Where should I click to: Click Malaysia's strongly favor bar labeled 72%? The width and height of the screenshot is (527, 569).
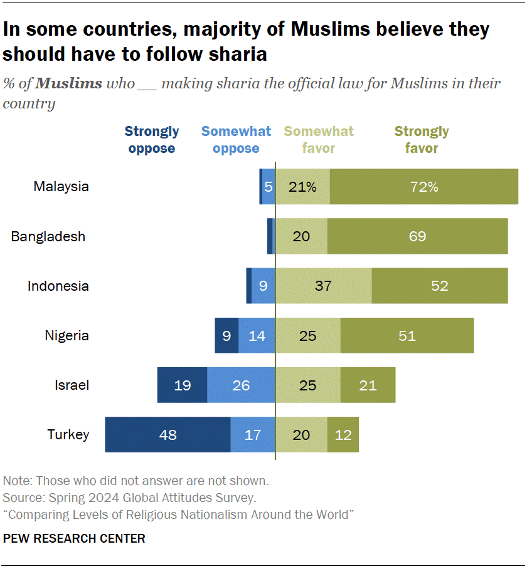point(424,187)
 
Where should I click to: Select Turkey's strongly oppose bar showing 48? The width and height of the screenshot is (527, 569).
point(168,434)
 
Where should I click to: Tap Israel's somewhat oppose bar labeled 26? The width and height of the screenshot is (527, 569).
point(241,385)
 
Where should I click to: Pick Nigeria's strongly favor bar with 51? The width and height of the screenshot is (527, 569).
point(407,336)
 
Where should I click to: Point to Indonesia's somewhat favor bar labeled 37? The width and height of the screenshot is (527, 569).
point(323,286)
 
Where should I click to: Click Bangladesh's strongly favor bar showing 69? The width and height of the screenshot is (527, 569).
point(417,236)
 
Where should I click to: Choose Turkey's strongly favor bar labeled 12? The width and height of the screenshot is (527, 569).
point(343,434)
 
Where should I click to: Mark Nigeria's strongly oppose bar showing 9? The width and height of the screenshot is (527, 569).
point(226,336)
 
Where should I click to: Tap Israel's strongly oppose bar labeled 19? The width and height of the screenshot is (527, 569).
point(182,385)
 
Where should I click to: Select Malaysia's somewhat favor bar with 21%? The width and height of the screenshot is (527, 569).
point(302,187)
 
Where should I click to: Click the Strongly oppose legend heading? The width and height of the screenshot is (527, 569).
point(151,140)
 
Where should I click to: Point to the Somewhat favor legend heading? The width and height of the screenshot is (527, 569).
point(319,140)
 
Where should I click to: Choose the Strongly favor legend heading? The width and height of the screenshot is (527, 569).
point(422,140)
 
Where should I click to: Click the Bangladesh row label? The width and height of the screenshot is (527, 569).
point(48,237)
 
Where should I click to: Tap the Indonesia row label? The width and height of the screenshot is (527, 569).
point(58,286)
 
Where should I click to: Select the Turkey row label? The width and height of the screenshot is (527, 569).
point(68,434)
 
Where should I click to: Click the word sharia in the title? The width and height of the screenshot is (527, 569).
point(239,55)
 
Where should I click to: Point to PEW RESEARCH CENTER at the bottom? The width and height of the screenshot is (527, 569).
point(74,538)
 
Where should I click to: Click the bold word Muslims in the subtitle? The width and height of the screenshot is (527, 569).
point(69,83)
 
